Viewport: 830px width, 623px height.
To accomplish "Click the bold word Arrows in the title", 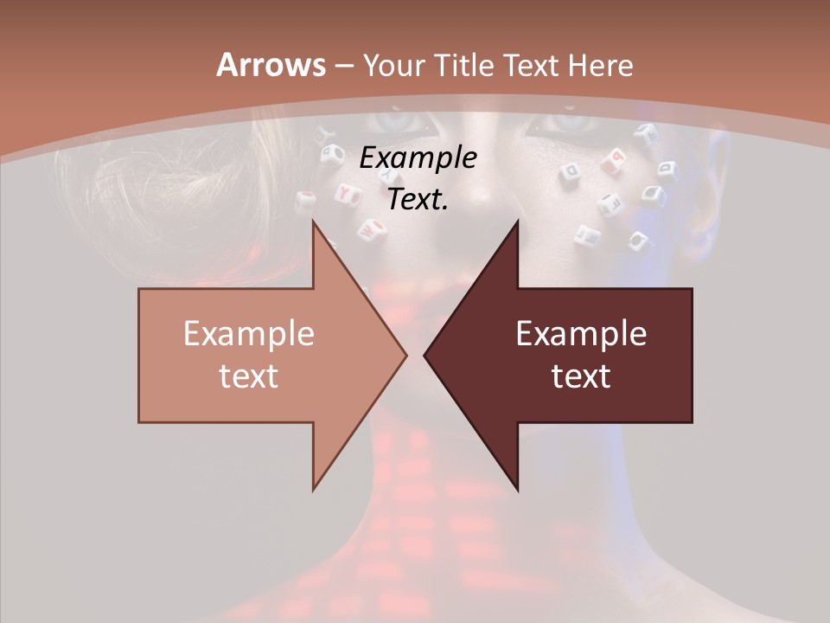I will click(x=270, y=65).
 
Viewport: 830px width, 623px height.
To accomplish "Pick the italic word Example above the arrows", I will click(x=418, y=158).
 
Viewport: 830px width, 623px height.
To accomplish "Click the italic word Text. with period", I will click(x=418, y=199).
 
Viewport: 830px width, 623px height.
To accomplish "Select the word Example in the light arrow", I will click(x=248, y=334).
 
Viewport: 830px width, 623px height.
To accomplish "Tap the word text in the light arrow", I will click(x=248, y=376).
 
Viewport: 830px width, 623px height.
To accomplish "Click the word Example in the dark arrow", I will click(x=581, y=334).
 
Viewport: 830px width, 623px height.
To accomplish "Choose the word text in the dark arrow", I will click(x=581, y=376).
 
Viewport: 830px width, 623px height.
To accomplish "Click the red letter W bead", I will click(x=372, y=231).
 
